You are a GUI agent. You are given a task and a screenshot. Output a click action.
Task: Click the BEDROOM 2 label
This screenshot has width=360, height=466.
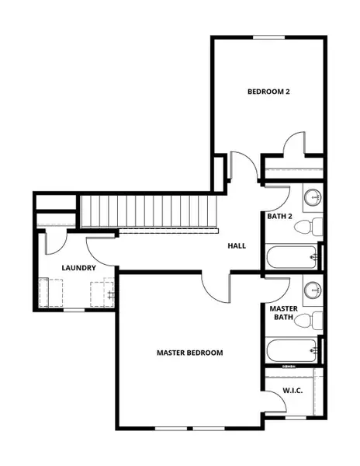coord(268,92)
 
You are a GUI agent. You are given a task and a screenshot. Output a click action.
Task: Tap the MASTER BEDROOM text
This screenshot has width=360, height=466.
coord(190,353)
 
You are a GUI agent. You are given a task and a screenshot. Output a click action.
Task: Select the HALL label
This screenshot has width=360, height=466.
coord(237,245)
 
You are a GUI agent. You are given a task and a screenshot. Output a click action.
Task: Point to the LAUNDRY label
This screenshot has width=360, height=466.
coord(78,268)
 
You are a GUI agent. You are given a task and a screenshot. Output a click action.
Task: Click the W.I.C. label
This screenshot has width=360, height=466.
coord(292,390)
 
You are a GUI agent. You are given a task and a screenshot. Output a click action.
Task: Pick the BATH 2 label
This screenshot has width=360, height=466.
coord(279,217)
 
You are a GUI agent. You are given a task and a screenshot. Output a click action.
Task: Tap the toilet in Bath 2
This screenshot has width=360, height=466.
coord(313,228)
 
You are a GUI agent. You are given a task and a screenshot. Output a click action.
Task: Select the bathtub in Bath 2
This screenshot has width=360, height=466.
coord(292,256)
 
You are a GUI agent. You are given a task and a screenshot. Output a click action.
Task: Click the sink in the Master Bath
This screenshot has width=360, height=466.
coord(312,290)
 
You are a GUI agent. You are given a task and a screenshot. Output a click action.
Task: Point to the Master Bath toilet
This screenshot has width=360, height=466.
coord(313,321)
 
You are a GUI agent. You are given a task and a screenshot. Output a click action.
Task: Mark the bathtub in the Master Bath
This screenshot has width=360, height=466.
coord(292,350)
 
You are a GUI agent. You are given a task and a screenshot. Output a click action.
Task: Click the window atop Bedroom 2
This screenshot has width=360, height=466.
coord(268,37)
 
